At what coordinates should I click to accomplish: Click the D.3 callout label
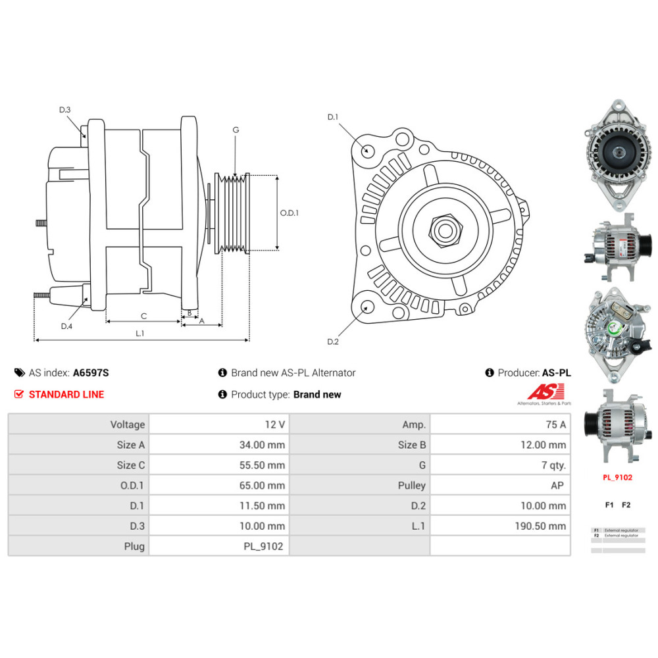(64, 110)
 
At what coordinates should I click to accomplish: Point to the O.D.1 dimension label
(290, 213)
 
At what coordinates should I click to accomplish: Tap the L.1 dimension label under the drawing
(139, 333)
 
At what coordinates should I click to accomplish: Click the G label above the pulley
(236, 130)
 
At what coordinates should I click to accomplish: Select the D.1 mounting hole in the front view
(368, 151)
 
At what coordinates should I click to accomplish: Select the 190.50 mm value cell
(540, 526)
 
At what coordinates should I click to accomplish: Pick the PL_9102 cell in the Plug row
(263, 546)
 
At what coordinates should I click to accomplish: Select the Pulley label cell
(412, 486)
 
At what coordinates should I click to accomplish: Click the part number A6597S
(91, 372)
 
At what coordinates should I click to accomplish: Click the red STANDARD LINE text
(66, 394)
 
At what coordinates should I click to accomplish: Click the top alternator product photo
(617, 155)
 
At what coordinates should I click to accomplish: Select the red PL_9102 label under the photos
(617, 477)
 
